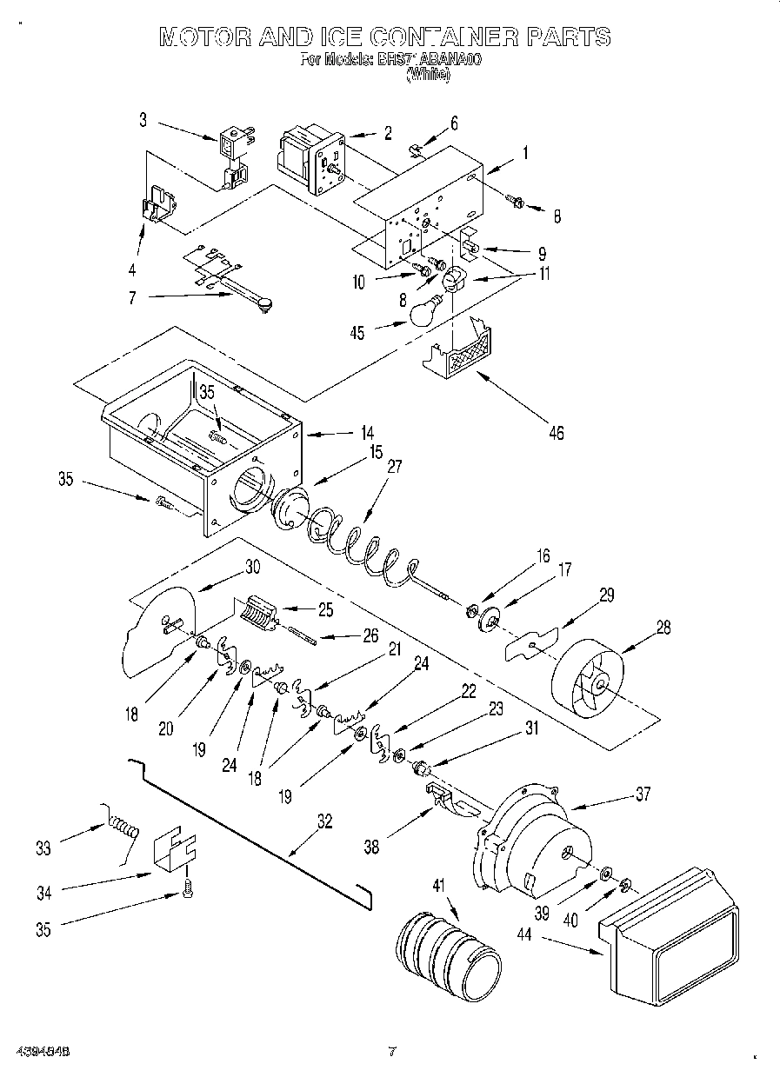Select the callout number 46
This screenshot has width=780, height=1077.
555,432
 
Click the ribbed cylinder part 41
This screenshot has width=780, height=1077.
449,957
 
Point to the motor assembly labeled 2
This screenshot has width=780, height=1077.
310,156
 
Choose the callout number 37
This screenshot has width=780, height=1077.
642,794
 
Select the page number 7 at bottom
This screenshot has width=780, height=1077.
391,1050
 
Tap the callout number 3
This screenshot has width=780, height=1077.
143,121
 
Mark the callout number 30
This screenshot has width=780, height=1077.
252,566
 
